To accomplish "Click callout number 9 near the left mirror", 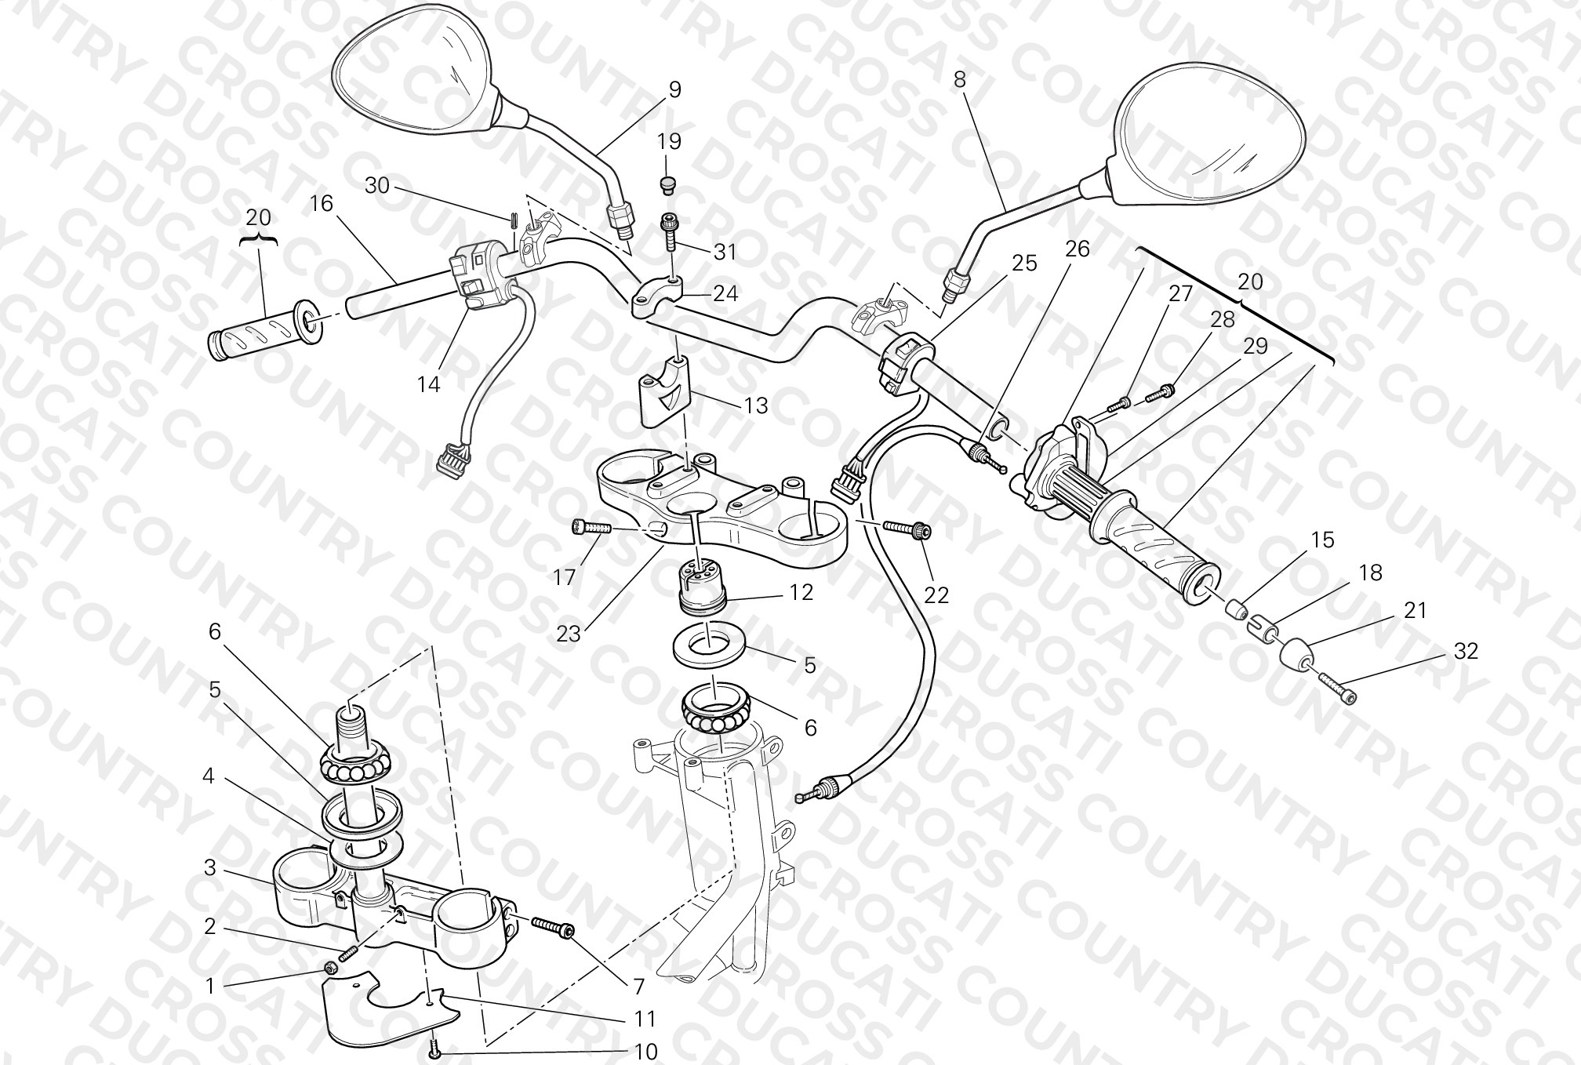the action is (x=674, y=90).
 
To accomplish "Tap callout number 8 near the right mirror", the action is (x=960, y=79).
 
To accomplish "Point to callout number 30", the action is (x=377, y=186).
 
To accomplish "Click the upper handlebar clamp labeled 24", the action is (x=656, y=298).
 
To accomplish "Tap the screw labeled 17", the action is (x=591, y=527).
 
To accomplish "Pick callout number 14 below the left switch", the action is (x=429, y=384).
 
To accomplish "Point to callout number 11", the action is (x=645, y=1019).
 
